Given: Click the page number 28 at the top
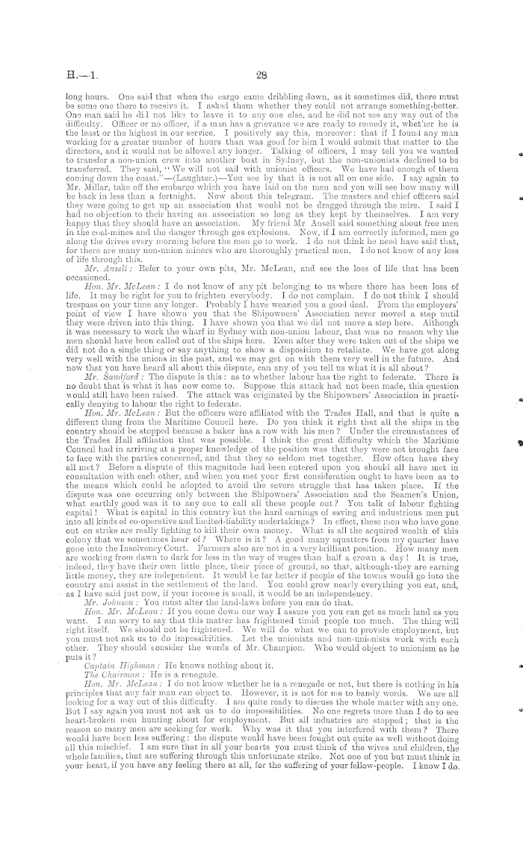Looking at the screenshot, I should coord(261,74).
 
